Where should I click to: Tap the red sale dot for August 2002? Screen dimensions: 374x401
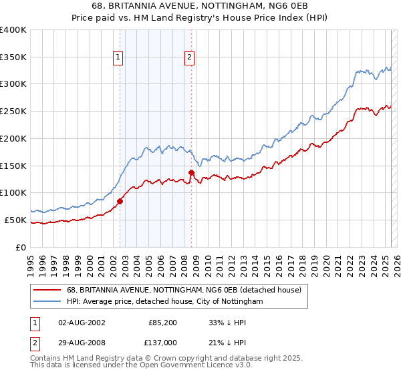[x=120, y=200]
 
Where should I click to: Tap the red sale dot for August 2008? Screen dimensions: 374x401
[x=192, y=172]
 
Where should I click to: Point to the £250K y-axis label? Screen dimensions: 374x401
[x=13, y=111]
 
